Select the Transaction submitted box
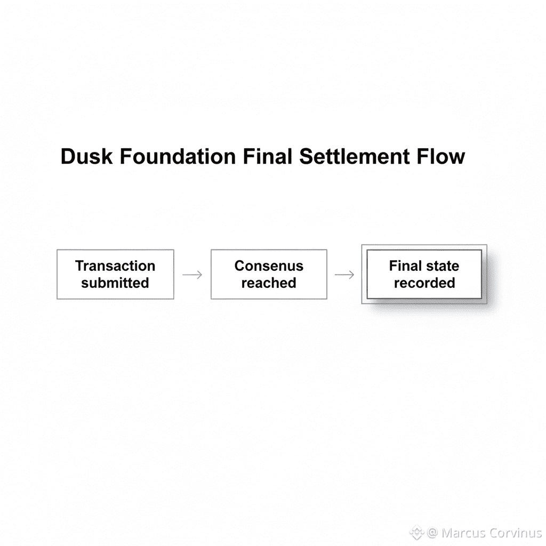pos(115,274)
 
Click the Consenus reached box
pos(269,274)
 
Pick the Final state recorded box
pos(424,274)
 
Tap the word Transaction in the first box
pos(115,266)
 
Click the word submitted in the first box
pos(115,283)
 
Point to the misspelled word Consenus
pos(269,266)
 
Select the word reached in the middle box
pos(269,283)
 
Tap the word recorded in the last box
pos(424,283)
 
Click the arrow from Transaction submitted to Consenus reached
pos(192,275)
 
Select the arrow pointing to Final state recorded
pos(344,275)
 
